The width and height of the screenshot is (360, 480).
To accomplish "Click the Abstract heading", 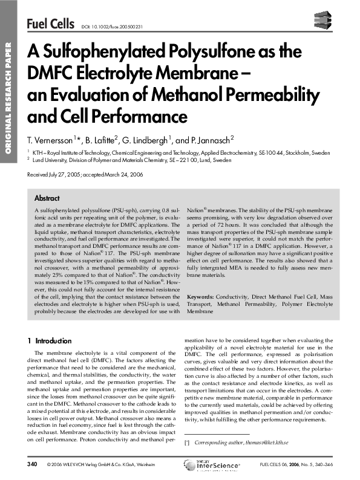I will click(47, 198).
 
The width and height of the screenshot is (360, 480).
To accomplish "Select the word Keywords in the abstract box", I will click(201, 297).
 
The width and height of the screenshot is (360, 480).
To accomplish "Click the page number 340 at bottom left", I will click(33, 464).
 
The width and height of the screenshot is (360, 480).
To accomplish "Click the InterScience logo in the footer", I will click(212, 465).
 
